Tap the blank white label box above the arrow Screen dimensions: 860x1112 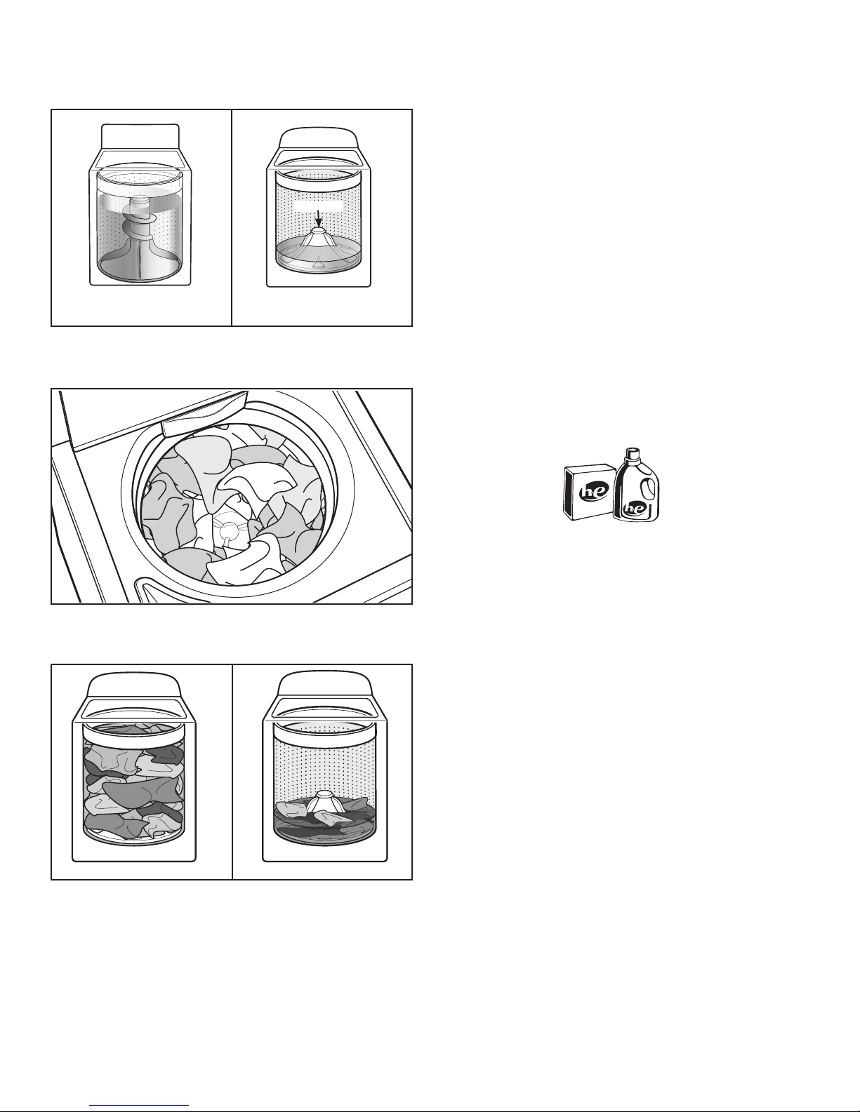click(319, 206)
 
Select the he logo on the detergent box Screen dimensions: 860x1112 click(593, 493)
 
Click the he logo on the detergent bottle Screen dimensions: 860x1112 click(635, 509)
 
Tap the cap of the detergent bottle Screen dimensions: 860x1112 click(633, 453)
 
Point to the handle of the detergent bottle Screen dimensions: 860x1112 click(649, 490)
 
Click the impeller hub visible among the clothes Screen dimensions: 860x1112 click(227, 530)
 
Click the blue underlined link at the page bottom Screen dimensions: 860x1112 click(139, 1105)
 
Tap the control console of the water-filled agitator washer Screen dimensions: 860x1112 click(140, 137)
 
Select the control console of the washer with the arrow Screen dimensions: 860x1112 click(319, 140)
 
